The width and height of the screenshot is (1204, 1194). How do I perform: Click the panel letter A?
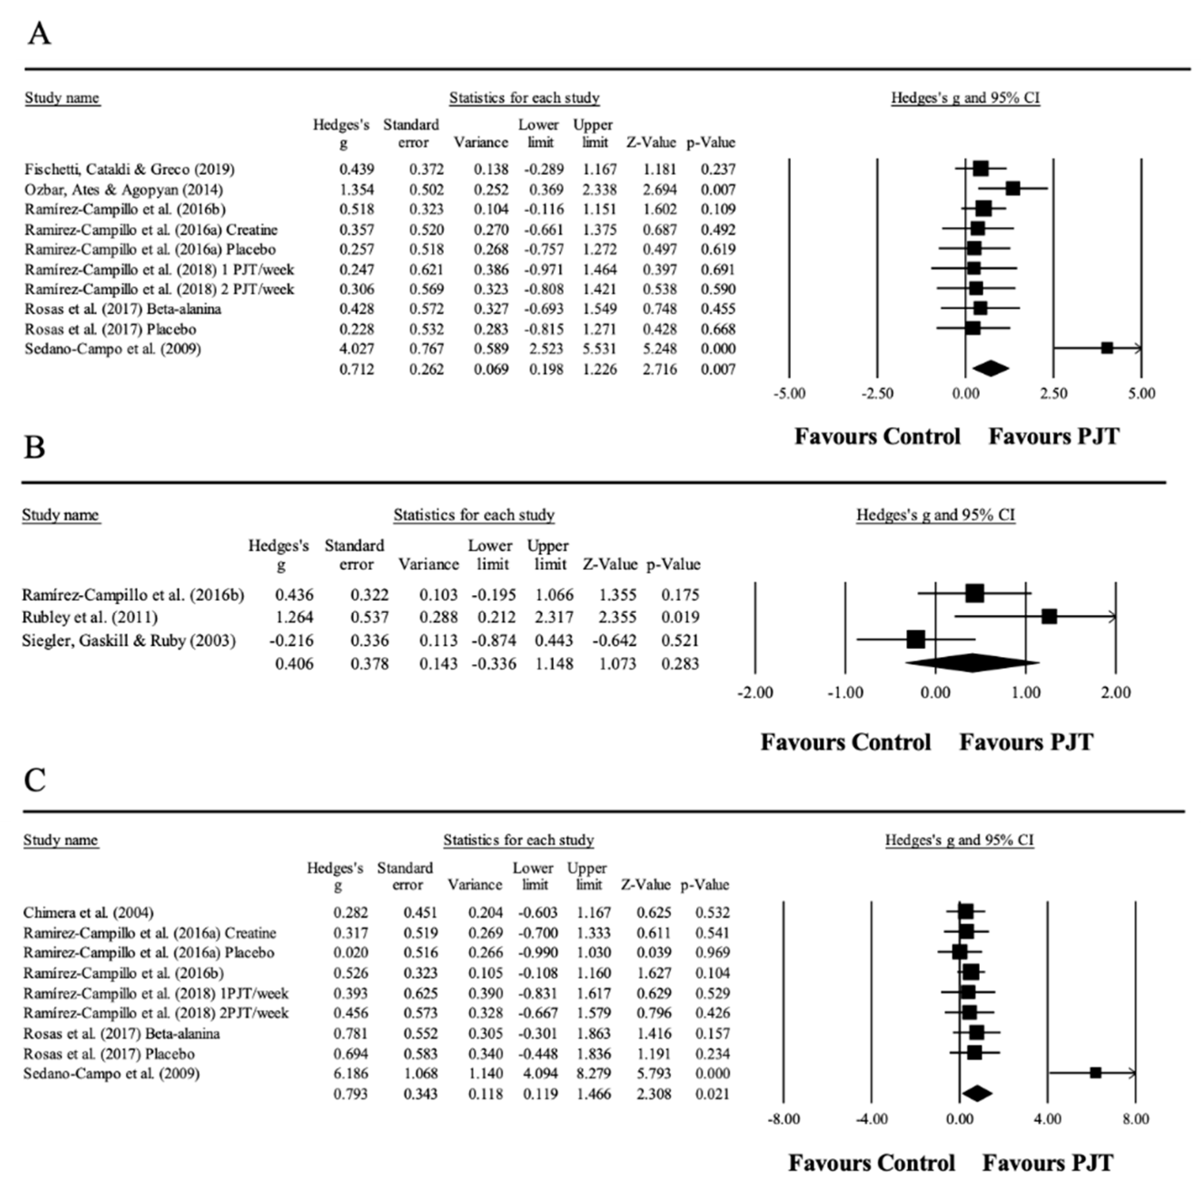(39, 34)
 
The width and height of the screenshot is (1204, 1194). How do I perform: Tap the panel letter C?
(35, 779)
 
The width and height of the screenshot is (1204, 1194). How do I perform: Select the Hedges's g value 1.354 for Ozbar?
(357, 189)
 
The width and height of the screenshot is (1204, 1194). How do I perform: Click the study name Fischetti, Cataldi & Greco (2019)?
(129, 169)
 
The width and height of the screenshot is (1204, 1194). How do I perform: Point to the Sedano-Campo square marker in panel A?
(1107, 348)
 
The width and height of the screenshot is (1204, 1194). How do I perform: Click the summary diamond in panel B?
(972, 663)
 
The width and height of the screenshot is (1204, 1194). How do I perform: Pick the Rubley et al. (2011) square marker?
(1050, 617)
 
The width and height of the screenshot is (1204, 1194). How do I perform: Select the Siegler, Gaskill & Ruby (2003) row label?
(129, 640)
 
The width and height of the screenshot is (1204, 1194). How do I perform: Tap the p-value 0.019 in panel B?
(680, 617)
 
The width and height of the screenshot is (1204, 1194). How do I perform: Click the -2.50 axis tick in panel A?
(877, 394)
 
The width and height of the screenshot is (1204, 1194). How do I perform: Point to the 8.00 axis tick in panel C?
(1135, 1119)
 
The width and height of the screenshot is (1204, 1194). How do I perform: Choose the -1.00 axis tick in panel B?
(845, 693)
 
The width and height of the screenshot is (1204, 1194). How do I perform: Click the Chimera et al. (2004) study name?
(89, 913)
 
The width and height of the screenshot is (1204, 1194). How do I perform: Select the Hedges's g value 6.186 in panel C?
(350, 1073)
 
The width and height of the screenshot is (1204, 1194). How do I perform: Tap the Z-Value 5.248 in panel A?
(659, 349)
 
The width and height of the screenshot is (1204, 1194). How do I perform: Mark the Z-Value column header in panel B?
(610, 564)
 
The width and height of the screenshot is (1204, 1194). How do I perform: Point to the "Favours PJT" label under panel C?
(1048, 1163)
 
